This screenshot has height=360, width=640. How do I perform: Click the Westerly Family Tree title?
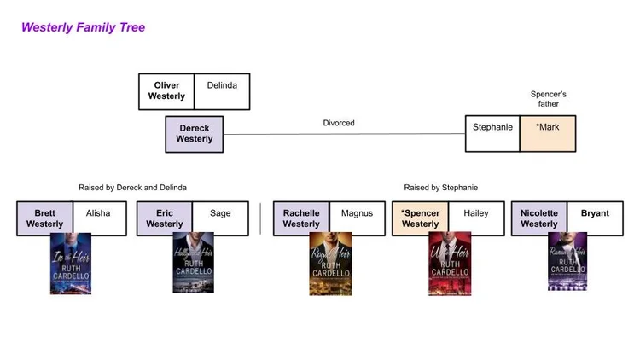[83, 27]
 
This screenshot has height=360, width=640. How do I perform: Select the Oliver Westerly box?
[166, 91]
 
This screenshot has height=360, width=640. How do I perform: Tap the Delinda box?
[222, 86]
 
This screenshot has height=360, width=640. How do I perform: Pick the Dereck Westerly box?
[194, 134]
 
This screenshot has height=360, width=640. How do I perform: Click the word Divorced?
[339, 123]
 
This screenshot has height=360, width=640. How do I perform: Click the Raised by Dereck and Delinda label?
[132, 187]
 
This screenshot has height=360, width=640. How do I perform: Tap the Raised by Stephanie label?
[440, 187]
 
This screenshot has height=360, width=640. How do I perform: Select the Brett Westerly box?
[44, 218]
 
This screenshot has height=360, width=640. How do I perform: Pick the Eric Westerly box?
[164, 218]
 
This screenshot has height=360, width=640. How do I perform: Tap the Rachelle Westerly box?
[301, 218]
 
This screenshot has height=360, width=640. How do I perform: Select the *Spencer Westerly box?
[420, 218]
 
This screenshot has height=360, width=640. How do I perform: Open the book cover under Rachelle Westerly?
[330, 264]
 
